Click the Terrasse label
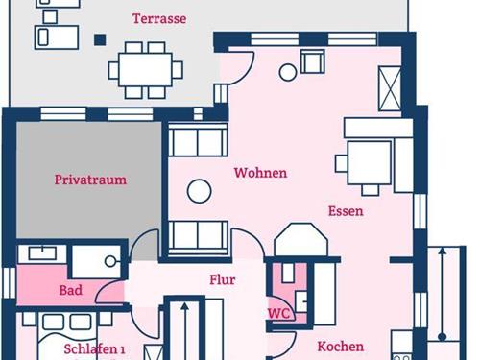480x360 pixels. (159, 18)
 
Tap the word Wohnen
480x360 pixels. (260, 173)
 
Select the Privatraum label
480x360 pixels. (90, 180)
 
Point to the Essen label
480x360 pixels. (346, 211)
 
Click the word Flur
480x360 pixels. (223, 280)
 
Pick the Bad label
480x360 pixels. (71, 290)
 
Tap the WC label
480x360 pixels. (278, 314)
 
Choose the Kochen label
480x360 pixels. (341, 347)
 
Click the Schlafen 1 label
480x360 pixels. (94, 348)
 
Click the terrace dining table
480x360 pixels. (146, 70)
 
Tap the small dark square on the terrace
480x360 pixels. (100, 40)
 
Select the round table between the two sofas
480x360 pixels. (199, 191)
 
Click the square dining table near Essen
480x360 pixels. (370, 162)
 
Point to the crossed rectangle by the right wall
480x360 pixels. (390, 88)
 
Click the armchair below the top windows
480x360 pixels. (313, 61)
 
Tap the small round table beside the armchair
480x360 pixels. (288, 72)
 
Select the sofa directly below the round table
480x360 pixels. (198, 238)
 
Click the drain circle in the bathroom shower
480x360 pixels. (110, 261)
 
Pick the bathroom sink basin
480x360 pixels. (42, 252)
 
